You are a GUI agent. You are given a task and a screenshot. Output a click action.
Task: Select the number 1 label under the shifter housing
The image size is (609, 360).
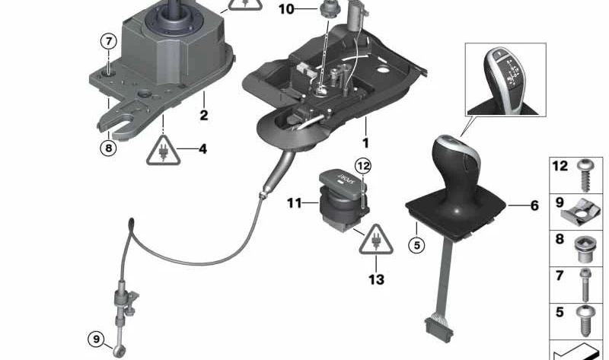pos(365,142)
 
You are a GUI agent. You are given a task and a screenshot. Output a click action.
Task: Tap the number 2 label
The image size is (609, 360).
pos(203,116)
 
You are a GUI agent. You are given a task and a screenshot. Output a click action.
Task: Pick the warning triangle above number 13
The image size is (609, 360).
pos(375,241)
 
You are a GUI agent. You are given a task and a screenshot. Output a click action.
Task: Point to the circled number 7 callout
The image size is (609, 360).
pos(108,41)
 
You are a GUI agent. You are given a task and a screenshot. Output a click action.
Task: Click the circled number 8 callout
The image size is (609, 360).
pos(108,148)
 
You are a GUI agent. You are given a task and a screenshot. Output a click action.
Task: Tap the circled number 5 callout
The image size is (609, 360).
pos(416,246)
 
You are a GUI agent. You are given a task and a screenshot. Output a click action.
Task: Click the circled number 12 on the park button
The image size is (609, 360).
pos(362,165)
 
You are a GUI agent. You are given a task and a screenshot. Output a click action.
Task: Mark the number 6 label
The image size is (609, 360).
pos(533,205)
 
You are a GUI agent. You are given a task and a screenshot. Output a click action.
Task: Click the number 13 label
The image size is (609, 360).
pos(376,279)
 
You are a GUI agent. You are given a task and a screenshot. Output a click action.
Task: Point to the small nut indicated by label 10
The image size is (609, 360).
pos(310,10)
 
